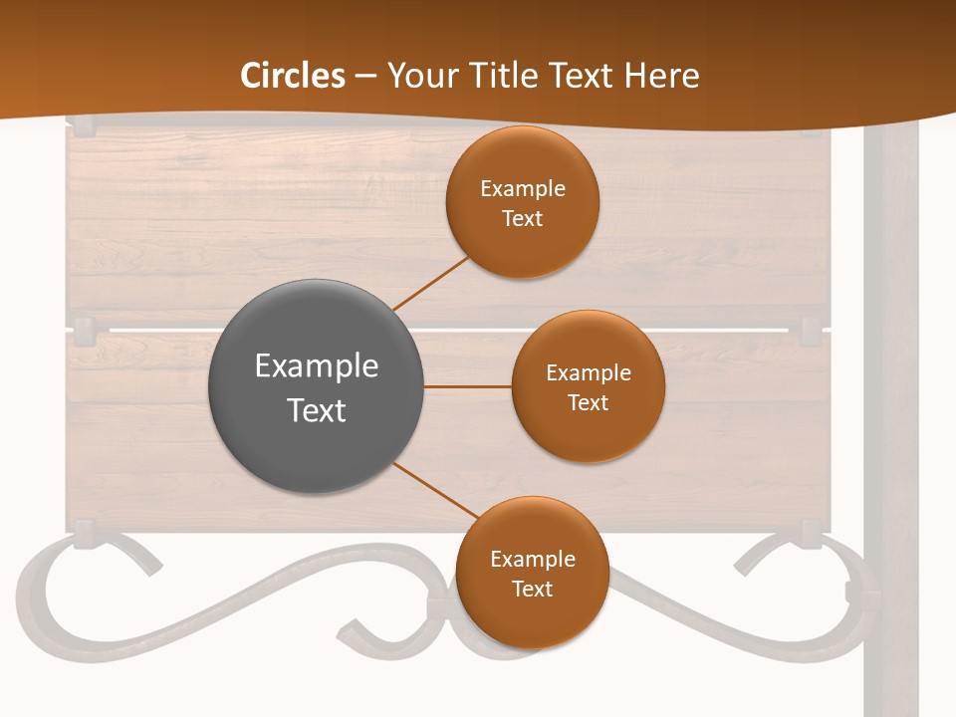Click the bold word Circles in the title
click(293, 76)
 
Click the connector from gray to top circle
click(430, 283)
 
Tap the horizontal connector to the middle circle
click(468, 385)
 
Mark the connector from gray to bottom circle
click(436, 492)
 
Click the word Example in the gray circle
click(317, 366)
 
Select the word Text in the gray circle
click(317, 410)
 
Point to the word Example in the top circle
click(523, 189)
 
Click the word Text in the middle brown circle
click(589, 403)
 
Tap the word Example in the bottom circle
click(533, 560)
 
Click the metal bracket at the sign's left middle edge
click(84, 329)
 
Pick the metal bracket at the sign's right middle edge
click(811, 329)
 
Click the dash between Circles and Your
click(365, 77)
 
